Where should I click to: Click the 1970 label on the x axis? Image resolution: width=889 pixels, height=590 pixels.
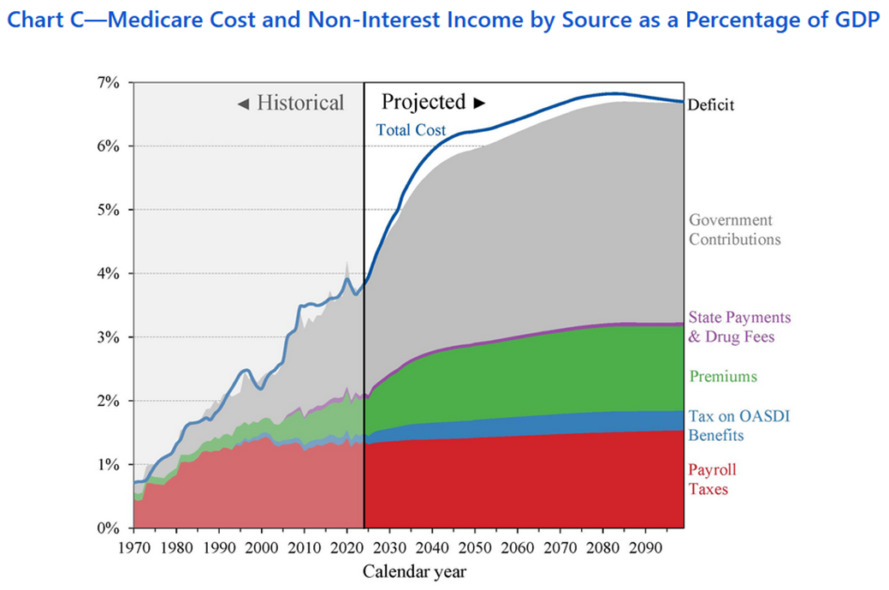(x=133, y=547)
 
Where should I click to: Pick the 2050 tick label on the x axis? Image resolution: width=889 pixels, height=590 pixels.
(x=475, y=547)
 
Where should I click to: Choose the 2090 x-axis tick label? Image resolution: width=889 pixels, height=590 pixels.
(x=645, y=547)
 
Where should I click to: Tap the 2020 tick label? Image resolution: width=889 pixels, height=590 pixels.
(x=347, y=547)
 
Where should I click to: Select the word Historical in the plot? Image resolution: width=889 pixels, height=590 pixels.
(x=300, y=104)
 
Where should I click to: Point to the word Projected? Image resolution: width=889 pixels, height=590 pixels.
(x=424, y=102)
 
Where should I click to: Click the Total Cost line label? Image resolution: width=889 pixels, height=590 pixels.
(x=411, y=131)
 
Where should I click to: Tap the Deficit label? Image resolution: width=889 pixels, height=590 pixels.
(x=711, y=105)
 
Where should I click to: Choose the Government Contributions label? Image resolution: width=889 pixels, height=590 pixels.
(x=735, y=230)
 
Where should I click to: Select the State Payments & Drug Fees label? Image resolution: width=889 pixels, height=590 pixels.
(x=739, y=327)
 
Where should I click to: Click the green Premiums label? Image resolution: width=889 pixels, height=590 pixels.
(x=723, y=376)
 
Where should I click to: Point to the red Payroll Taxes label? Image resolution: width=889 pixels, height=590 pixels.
(x=712, y=479)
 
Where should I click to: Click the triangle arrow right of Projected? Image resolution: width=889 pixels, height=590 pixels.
(x=479, y=103)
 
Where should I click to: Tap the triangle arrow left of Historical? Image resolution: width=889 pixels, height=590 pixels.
(x=243, y=104)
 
